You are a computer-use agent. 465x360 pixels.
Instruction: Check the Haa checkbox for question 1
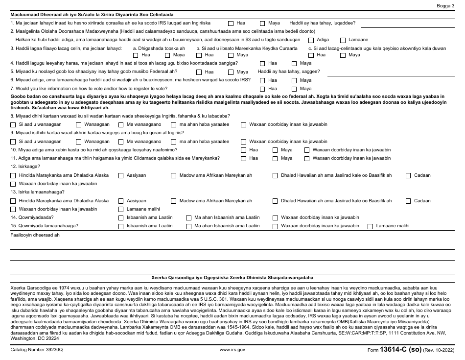(x=231, y=23)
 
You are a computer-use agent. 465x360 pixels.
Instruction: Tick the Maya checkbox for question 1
(x=262, y=23)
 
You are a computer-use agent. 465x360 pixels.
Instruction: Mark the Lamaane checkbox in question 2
(x=343, y=40)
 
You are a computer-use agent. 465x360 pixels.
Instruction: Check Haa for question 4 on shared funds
(x=262, y=63)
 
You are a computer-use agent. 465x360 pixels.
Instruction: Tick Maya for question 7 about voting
(x=294, y=89)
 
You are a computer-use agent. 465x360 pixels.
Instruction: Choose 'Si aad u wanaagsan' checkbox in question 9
(x=13, y=142)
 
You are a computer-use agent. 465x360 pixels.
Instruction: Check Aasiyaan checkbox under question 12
(x=121, y=175)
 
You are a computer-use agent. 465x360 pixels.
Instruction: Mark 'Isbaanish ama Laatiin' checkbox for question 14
(x=121, y=217)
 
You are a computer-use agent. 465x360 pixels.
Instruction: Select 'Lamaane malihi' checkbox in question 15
(x=370, y=226)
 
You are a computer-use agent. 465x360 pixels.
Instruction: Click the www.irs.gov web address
(x=232, y=350)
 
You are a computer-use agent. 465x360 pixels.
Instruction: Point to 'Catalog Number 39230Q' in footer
(x=37, y=350)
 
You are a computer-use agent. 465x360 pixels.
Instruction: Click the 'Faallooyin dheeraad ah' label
(x=35, y=235)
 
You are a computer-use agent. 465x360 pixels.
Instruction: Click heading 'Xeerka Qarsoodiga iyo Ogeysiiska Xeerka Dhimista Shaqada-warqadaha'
(x=232, y=277)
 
